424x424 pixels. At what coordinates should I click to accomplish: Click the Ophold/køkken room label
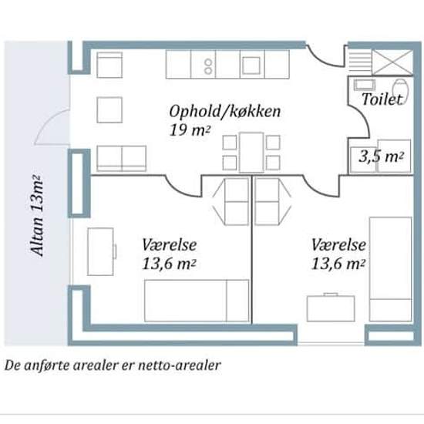point(225,112)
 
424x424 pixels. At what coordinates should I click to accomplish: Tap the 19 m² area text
point(190,130)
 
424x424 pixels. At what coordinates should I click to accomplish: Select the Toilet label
point(382,99)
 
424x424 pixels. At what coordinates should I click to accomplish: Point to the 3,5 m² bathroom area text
point(382,156)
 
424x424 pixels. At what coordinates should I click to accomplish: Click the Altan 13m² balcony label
point(36,216)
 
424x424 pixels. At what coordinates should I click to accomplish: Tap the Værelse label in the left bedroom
point(170,244)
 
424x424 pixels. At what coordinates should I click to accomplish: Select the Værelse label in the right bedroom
point(338,244)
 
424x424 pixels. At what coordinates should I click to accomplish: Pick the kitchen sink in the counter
point(251,66)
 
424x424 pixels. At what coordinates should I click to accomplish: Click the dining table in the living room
point(251,152)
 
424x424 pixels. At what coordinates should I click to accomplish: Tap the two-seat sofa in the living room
point(122,159)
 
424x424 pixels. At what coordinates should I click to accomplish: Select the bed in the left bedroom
point(197,301)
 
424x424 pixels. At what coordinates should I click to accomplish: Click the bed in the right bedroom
point(391,269)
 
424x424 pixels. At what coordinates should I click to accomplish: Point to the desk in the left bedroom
point(100,252)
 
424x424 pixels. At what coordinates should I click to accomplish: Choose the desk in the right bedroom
point(331,308)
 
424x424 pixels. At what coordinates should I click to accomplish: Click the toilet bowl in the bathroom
point(400,86)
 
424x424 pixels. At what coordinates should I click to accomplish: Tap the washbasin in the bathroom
point(365,85)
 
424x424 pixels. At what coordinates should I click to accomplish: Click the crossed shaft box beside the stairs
point(392,62)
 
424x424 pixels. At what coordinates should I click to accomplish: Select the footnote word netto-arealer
point(180,365)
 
